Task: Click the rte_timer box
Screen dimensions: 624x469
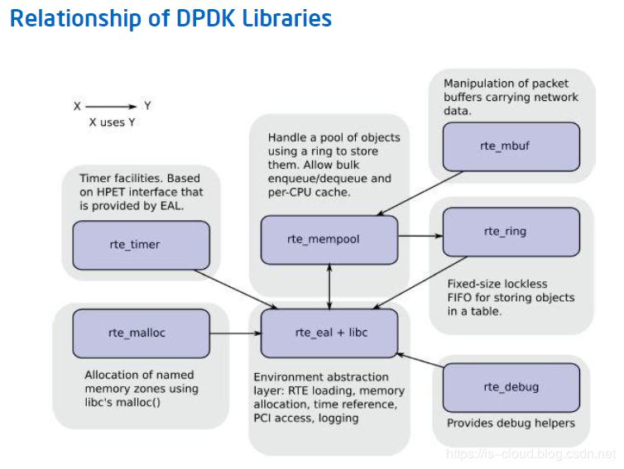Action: click(142, 245)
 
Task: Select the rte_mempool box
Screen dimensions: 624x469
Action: click(329, 240)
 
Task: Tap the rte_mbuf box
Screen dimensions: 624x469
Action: click(511, 146)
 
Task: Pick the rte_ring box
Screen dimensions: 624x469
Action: click(511, 232)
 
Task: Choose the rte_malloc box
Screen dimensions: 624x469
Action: click(142, 333)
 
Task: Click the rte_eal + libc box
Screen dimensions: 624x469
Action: click(329, 333)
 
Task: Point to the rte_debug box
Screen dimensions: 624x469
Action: click(511, 387)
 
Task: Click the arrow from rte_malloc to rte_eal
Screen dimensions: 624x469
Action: click(235, 333)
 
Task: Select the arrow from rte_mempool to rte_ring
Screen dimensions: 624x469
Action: click(420, 236)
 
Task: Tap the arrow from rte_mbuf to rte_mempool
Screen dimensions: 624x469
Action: click(420, 194)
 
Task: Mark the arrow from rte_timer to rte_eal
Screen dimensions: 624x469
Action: click(236, 290)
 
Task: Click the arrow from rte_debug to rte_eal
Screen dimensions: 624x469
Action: click(420, 360)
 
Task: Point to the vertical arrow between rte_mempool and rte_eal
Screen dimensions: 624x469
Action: click(329, 287)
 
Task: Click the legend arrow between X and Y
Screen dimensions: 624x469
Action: click(111, 107)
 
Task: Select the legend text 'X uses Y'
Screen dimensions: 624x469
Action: click(113, 122)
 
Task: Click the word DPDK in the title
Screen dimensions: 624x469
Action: click(205, 18)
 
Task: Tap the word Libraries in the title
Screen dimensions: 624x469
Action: click(287, 18)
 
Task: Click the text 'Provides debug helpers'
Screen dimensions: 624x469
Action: click(511, 424)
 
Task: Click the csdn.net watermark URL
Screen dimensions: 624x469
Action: click(530, 454)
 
